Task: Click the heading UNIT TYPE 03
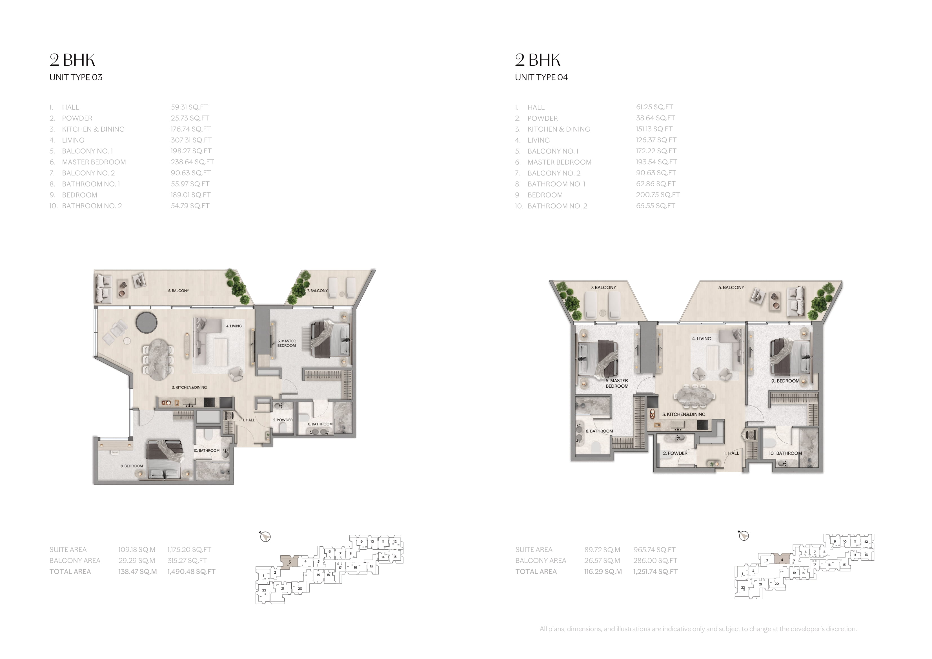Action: pos(76,77)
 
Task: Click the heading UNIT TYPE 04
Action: pos(542,77)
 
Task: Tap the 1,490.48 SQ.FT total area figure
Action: pos(191,572)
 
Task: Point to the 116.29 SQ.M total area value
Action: pos(603,572)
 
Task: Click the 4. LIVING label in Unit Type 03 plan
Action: pos(234,326)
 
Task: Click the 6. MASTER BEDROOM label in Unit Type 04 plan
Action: pos(617,383)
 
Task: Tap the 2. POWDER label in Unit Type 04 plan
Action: pos(675,453)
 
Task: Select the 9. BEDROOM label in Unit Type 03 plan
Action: pos(132,466)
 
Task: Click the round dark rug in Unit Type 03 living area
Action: pos(146,323)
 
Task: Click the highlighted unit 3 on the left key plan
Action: pos(289,562)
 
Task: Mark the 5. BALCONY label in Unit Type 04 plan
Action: pos(731,287)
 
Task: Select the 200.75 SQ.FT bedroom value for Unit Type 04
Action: pos(658,195)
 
